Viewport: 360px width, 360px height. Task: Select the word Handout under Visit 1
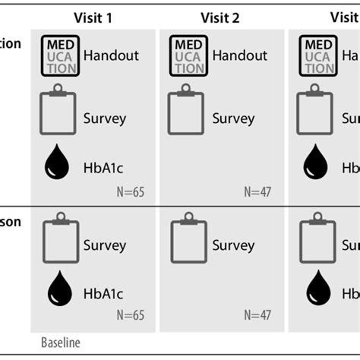point(109,55)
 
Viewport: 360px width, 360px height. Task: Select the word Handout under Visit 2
point(239,55)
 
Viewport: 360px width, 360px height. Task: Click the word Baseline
point(59,343)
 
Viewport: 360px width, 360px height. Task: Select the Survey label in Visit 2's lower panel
point(233,245)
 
